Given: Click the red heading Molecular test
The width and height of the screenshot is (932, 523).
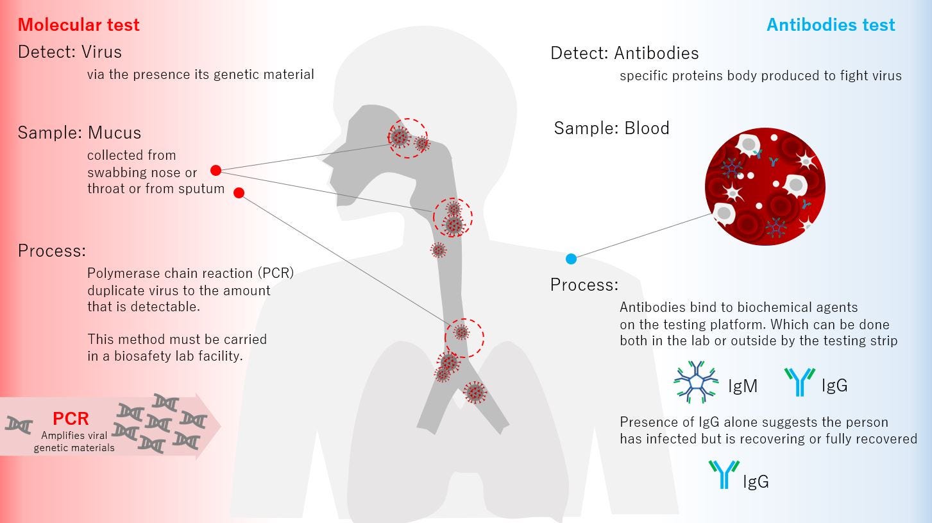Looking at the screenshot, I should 78,25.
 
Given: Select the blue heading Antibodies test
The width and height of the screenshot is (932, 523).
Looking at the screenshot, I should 831,25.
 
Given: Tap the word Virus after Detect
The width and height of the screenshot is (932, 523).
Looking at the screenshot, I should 101,51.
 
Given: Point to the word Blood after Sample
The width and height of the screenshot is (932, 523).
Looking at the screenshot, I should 647,128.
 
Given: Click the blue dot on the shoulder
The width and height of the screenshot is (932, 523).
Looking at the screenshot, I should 571,259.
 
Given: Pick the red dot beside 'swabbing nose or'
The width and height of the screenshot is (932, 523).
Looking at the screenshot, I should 216,171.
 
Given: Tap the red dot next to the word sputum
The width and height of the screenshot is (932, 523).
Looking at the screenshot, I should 239,193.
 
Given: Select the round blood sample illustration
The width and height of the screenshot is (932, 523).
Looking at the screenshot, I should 765,188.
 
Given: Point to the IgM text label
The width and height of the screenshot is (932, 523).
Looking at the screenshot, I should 743,386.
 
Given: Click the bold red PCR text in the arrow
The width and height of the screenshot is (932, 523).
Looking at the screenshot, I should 71,419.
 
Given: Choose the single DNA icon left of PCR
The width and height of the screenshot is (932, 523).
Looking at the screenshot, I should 19,424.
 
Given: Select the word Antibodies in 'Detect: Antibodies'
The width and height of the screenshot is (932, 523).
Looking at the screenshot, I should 656,53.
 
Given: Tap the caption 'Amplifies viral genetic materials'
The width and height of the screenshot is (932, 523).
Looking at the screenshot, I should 74,442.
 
